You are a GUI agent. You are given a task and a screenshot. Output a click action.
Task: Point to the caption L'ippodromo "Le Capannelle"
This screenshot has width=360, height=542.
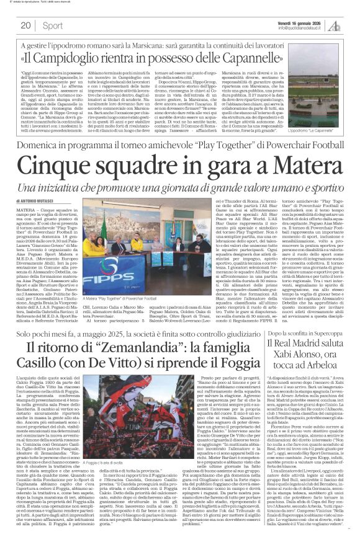point(310,115)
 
